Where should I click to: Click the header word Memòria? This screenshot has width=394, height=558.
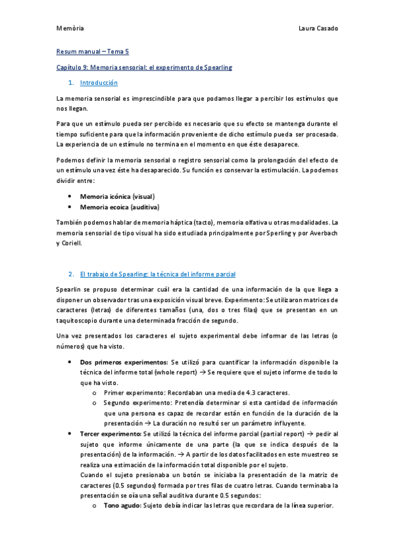pos(70,29)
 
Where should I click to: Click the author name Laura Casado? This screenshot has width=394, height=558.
pos(318,29)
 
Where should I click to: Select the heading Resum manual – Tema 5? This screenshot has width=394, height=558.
pos(91,51)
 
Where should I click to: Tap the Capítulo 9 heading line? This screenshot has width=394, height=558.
pos(145,67)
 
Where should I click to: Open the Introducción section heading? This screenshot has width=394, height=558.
pos(99,83)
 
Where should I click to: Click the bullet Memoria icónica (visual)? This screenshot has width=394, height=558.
pos(117,197)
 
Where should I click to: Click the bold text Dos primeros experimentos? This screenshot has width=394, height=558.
pos(124,362)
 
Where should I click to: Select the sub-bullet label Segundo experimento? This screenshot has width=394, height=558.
pos(135,403)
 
